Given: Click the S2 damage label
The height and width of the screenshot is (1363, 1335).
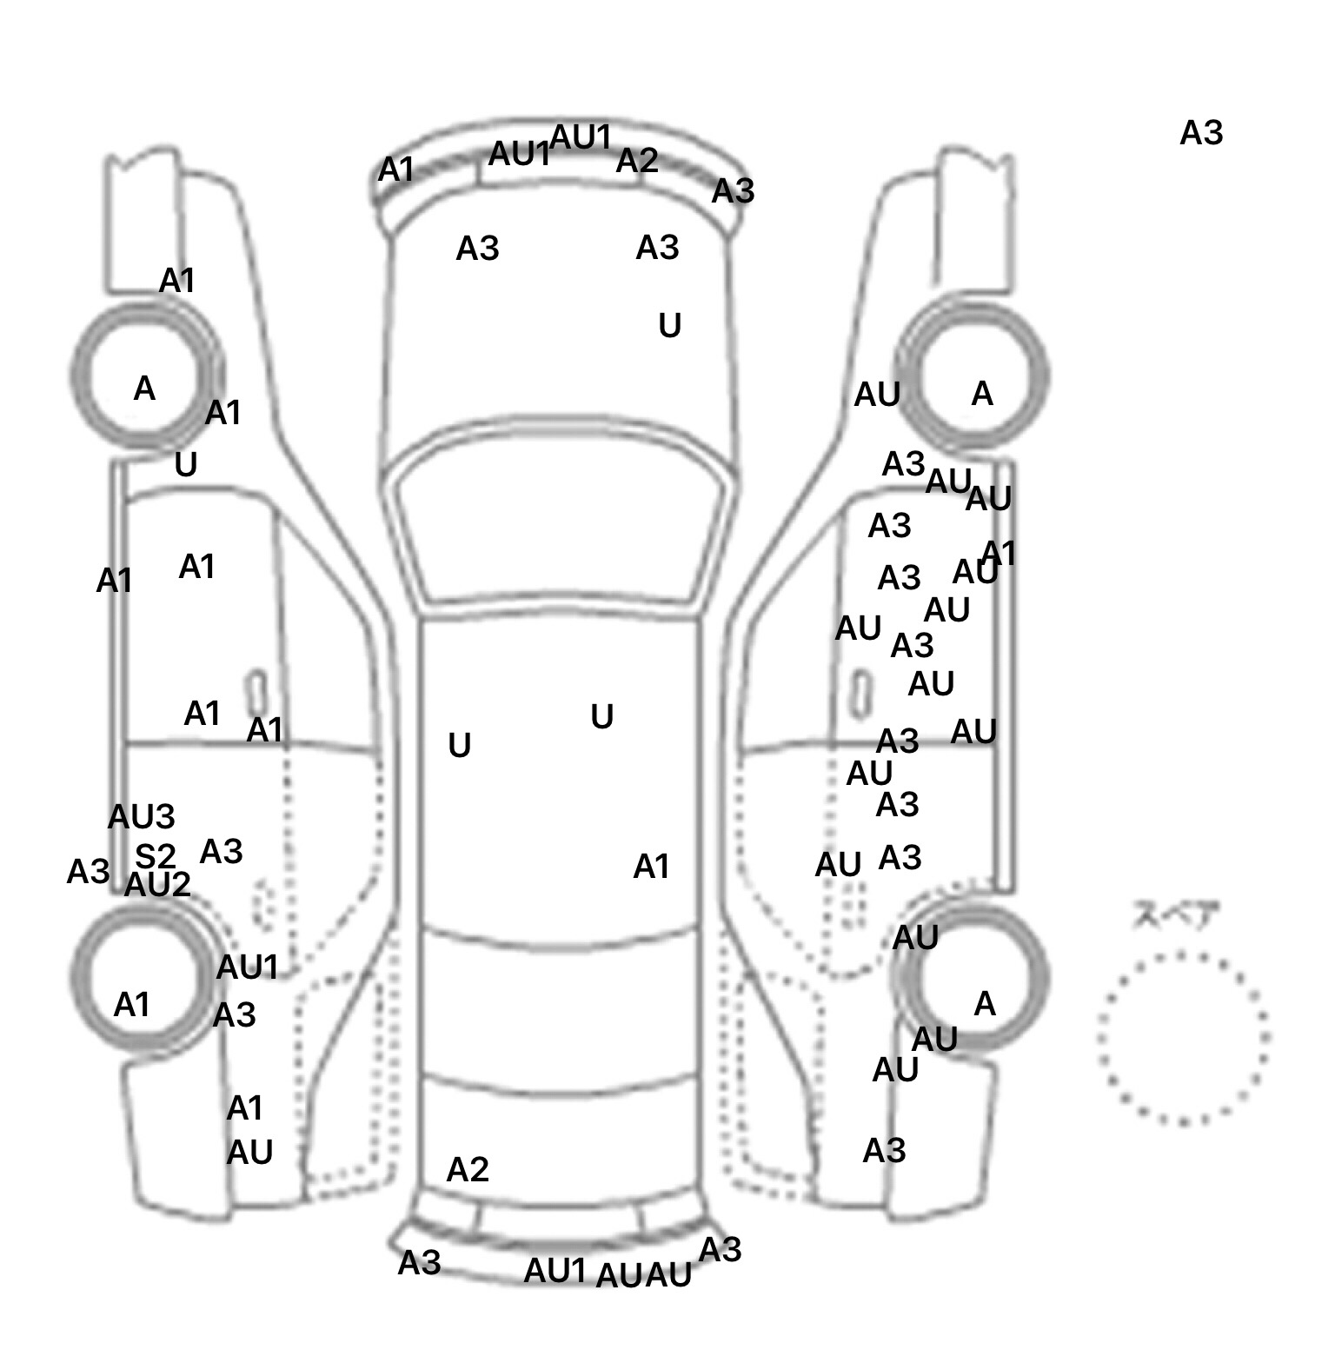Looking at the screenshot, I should point(156,857).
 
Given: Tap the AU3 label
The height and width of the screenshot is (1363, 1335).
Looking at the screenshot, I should point(141,817).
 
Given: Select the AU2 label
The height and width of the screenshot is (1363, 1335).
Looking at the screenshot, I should point(157,885).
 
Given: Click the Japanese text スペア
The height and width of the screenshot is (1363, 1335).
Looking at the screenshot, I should point(1176,915).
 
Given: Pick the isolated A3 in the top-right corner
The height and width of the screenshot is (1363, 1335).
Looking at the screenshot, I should point(1201,133).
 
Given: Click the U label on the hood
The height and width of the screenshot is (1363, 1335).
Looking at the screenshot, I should point(669,326).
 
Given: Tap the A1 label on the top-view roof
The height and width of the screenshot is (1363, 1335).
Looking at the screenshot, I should point(651,867).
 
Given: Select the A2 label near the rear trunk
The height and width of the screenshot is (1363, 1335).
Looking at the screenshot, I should point(468,1170).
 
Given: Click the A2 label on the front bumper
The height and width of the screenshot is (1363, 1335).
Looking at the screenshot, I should point(637,161).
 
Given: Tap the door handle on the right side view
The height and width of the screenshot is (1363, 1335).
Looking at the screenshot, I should point(860,693).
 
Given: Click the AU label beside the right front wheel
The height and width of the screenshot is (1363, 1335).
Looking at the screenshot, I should point(877,396).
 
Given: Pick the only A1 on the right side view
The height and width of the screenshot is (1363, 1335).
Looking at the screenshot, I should point(1000,553).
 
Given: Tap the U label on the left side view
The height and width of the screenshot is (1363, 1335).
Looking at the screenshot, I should point(186,466).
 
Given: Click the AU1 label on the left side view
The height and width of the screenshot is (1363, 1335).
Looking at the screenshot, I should point(247,967).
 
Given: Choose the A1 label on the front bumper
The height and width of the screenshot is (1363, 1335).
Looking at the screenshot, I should point(396,170).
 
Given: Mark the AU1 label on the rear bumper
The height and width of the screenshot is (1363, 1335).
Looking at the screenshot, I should point(555,1271).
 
